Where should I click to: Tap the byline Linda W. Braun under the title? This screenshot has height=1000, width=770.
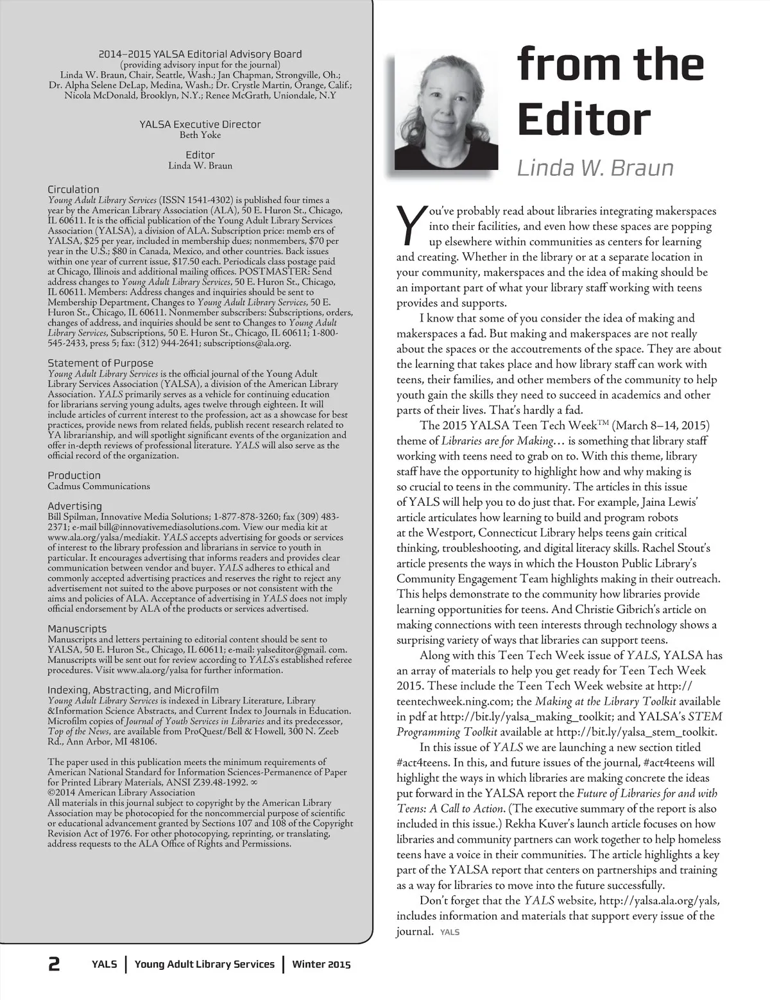point(595,168)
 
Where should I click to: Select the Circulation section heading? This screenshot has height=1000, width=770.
point(73,189)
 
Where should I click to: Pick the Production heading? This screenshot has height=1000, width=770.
point(74,476)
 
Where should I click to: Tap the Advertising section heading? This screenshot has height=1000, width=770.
point(74,506)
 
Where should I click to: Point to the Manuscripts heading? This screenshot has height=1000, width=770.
point(77,629)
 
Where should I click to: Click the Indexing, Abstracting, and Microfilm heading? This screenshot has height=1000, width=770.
point(133,690)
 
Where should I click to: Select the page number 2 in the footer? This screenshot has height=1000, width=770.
point(54,964)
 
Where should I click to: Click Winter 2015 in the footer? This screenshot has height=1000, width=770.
point(321,964)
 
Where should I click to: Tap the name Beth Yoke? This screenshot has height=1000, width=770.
point(200,135)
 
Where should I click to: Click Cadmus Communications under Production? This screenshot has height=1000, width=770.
point(99,486)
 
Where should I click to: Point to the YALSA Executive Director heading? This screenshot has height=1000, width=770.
point(200,125)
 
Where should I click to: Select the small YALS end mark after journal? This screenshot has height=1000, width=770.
point(450,933)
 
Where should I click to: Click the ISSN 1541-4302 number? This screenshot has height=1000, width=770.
point(200,200)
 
